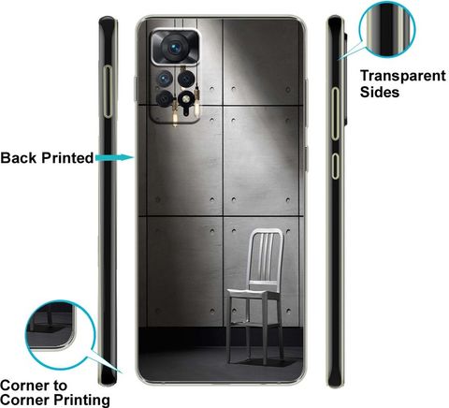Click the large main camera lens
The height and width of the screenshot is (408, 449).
175,47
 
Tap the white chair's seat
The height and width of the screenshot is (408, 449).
253,293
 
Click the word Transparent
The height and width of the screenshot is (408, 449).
403,76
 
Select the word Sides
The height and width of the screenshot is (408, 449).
380,93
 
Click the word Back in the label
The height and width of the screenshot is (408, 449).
19,158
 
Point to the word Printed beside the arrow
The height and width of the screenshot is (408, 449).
67,158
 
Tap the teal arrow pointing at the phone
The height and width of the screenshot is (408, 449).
115,157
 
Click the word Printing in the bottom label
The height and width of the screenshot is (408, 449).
81,400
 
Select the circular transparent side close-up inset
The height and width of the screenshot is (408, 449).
387,29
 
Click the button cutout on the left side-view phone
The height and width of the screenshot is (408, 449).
108,92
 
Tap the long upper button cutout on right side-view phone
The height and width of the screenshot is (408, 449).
335,113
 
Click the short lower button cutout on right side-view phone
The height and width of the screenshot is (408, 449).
335,166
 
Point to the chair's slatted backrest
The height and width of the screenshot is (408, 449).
267,255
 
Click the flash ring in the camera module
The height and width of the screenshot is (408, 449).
185,99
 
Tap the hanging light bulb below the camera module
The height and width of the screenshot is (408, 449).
175,115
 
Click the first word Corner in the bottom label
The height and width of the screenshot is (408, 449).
34,386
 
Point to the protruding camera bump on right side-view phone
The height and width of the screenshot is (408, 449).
345,78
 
